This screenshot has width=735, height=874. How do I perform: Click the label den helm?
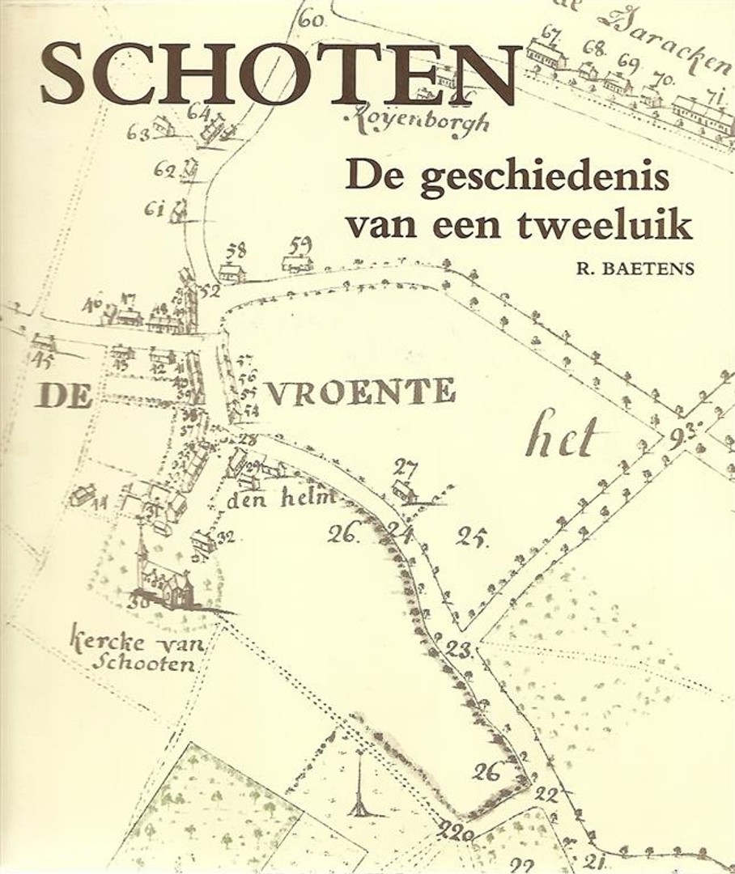click(280, 499)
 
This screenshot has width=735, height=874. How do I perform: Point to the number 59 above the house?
click(301, 243)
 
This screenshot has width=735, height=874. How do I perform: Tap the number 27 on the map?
click(405, 467)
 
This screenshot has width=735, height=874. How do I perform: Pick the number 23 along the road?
click(459, 648)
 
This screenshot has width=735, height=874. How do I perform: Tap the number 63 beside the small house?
click(138, 131)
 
